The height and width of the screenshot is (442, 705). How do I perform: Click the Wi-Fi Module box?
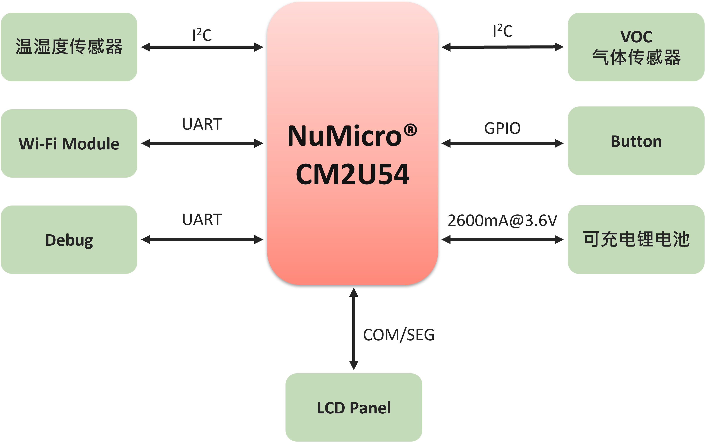click(69, 144)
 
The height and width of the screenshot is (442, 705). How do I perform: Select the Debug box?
click(69, 240)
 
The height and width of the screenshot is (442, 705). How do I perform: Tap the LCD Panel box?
click(354, 407)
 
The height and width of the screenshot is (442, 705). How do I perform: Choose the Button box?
click(636, 141)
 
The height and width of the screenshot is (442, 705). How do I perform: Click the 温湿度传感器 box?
click(69, 47)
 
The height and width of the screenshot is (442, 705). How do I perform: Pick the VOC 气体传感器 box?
click(636, 47)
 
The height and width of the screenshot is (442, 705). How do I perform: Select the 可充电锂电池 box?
click(636, 239)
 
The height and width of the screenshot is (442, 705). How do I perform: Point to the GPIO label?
click(502, 128)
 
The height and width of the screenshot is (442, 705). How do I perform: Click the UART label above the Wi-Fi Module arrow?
click(202, 124)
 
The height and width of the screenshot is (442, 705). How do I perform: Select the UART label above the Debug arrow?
click(202, 219)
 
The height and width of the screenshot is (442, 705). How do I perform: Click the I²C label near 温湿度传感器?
click(202, 35)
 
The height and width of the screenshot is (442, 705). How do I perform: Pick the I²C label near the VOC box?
click(503, 31)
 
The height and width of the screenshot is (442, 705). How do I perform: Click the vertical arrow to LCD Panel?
click(354, 329)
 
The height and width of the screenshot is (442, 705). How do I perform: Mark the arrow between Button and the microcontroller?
click(502, 143)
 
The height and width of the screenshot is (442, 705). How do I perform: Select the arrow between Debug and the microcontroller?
click(202, 240)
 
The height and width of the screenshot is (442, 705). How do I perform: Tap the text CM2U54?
click(352, 175)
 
